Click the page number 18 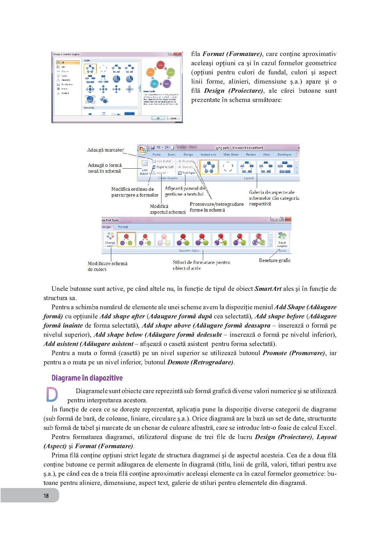click(x=46, y=496)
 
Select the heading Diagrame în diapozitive click(x=87, y=378)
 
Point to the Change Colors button click(x=110, y=240)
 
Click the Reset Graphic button click(x=282, y=240)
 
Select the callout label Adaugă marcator click(x=106, y=150)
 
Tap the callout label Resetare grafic click(x=275, y=260)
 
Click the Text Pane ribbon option click(x=187, y=173)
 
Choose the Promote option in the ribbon click(x=186, y=161)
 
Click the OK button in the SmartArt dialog click(x=158, y=118)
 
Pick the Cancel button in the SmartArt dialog click(x=173, y=118)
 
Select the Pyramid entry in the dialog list click(x=65, y=93)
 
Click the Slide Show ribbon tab click(x=231, y=155)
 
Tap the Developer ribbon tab click(x=284, y=155)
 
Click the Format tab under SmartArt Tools click(x=123, y=227)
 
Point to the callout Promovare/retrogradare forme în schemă click(x=216, y=207)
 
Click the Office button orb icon click(x=143, y=150)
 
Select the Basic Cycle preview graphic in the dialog click(x=159, y=74)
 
